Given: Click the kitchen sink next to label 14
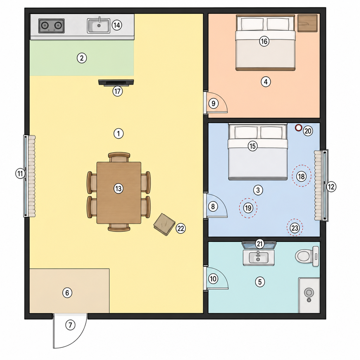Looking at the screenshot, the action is click(98, 25).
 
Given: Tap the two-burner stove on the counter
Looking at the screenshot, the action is click(51, 26).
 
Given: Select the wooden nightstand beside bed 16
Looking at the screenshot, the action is click(307, 23).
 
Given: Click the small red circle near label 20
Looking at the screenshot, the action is click(298, 128).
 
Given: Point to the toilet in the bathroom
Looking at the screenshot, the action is click(307, 256).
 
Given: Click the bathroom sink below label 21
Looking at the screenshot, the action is click(258, 257).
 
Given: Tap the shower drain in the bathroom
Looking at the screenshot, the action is click(309, 300).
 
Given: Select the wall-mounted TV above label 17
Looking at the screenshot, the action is click(116, 83).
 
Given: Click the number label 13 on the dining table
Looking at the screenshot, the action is click(118, 188).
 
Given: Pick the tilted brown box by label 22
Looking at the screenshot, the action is click(165, 224).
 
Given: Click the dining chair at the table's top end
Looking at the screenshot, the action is click(119, 157).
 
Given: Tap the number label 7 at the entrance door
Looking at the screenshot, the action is click(70, 325).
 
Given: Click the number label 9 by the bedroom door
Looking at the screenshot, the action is click(213, 104).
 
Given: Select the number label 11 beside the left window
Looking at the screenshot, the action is click(20, 173).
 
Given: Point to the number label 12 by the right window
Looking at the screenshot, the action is click(331, 187).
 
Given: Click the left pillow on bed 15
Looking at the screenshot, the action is click(246, 133).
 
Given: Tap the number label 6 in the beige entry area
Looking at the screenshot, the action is click(67, 293).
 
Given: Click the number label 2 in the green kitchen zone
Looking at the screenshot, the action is click(82, 58).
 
